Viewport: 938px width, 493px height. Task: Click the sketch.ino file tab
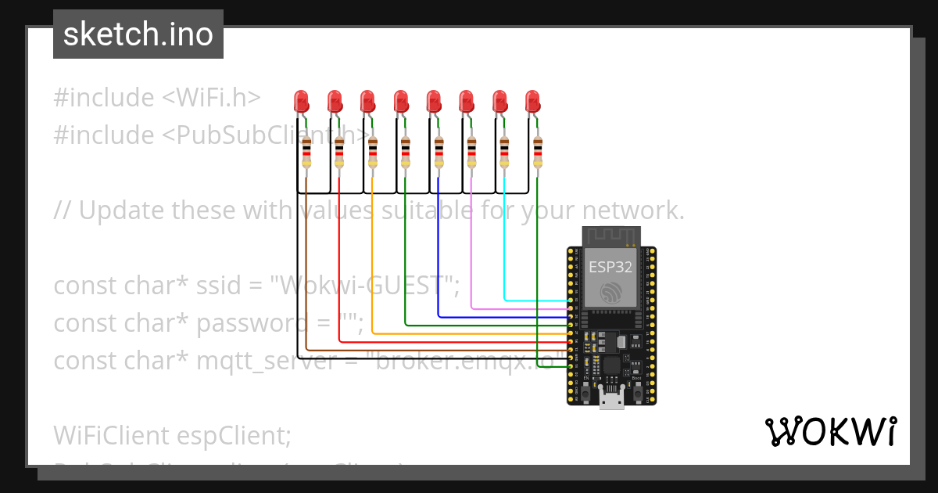(138, 34)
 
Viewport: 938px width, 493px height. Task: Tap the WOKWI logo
(830, 432)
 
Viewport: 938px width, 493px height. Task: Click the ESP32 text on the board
(610, 266)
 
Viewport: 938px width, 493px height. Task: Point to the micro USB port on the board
(610, 401)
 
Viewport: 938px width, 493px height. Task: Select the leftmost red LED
(301, 102)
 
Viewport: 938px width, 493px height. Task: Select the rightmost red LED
(532, 102)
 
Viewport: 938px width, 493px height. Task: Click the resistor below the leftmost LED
(306, 152)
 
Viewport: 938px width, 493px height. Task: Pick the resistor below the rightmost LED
(538, 152)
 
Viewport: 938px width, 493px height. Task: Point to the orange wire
(372, 266)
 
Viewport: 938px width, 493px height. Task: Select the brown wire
(306, 274)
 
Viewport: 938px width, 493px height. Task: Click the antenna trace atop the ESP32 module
(612, 236)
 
